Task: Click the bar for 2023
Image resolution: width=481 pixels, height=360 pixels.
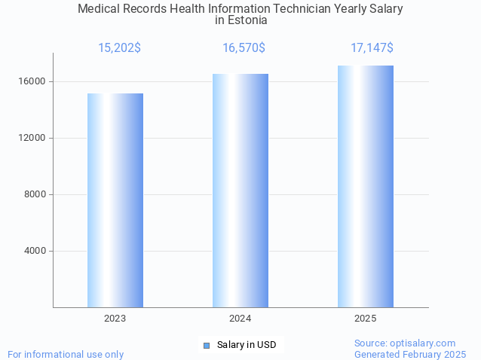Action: click(x=115, y=200)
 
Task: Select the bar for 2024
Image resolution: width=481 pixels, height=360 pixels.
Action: click(x=240, y=191)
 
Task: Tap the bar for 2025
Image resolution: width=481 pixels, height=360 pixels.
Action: click(x=366, y=187)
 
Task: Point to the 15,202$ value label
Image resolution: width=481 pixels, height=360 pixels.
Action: click(x=119, y=48)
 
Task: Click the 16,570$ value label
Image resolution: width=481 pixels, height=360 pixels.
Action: click(x=244, y=48)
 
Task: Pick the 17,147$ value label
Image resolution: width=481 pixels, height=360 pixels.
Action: click(x=372, y=48)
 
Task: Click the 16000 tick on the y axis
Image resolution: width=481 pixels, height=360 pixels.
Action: click(x=33, y=81)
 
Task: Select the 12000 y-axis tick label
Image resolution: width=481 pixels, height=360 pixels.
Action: click(x=33, y=138)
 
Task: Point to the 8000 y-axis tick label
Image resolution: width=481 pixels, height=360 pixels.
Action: click(x=35, y=194)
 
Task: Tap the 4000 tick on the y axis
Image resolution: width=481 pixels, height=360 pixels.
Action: click(x=35, y=251)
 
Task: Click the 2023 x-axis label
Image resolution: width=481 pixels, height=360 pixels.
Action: click(x=115, y=319)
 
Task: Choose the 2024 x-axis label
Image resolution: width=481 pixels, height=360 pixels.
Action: click(x=240, y=319)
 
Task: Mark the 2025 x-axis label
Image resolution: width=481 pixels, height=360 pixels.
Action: click(x=366, y=319)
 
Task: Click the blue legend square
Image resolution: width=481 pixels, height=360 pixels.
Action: click(x=206, y=345)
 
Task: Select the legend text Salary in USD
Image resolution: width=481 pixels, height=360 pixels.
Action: click(x=247, y=345)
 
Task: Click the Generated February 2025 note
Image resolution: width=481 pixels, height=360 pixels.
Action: click(x=410, y=354)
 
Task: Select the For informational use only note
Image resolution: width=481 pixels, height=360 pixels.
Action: click(x=66, y=354)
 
